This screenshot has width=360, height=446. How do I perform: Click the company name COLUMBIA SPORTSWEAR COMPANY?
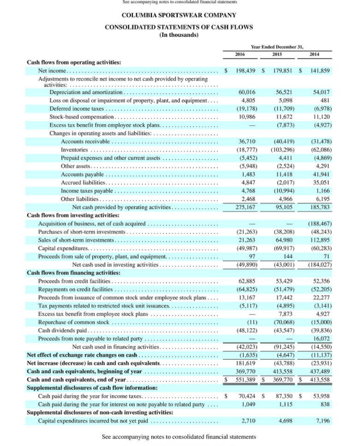point(179,15)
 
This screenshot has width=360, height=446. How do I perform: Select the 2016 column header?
point(240,54)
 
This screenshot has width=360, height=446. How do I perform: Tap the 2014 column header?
point(314,54)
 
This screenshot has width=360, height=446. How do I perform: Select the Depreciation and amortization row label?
point(85,92)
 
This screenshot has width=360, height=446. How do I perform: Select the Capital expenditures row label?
point(60,249)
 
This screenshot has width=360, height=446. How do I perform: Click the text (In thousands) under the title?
point(179,35)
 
